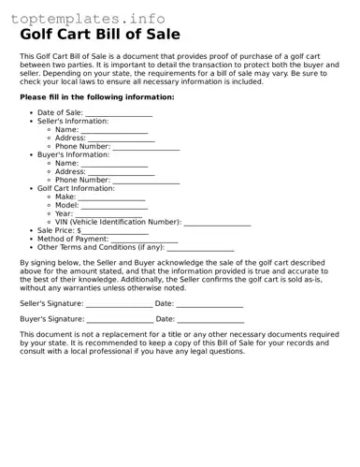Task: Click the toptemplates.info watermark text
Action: (88, 18)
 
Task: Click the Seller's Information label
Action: (73, 122)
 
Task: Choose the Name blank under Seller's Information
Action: (114, 130)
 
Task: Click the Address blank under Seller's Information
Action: (122, 139)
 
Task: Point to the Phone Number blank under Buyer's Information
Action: (146, 181)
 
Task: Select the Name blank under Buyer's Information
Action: (114, 164)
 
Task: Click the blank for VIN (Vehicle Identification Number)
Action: (217, 223)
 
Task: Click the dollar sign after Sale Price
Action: (79, 231)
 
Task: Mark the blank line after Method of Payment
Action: (144, 240)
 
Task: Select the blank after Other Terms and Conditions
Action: (200, 248)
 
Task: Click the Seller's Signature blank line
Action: (119, 304)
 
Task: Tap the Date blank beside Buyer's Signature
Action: (210, 320)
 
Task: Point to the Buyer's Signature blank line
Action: (120, 320)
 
